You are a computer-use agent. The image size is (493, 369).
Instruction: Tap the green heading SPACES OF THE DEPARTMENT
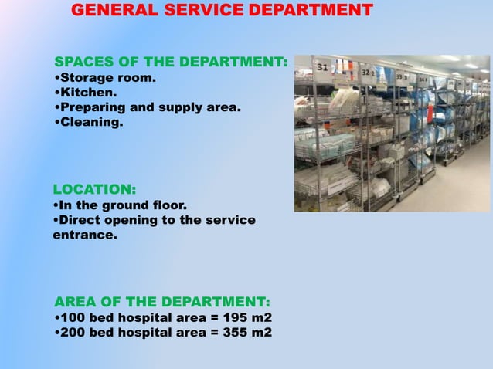(x=171, y=62)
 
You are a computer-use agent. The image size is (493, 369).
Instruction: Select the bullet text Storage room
(x=107, y=78)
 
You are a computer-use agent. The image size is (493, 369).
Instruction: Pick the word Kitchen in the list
(x=87, y=93)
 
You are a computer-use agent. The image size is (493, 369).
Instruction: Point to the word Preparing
(x=93, y=107)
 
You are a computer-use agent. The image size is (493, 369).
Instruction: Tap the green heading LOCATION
(x=94, y=189)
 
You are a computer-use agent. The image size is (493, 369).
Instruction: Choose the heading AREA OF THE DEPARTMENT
(x=162, y=301)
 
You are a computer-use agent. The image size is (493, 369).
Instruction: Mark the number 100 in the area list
(x=73, y=318)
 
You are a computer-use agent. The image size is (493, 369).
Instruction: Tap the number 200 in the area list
(x=73, y=333)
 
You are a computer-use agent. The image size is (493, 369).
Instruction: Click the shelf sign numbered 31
(x=322, y=68)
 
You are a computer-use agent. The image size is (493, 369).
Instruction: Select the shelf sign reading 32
(x=368, y=72)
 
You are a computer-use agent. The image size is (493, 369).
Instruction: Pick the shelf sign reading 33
(x=400, y=76)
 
